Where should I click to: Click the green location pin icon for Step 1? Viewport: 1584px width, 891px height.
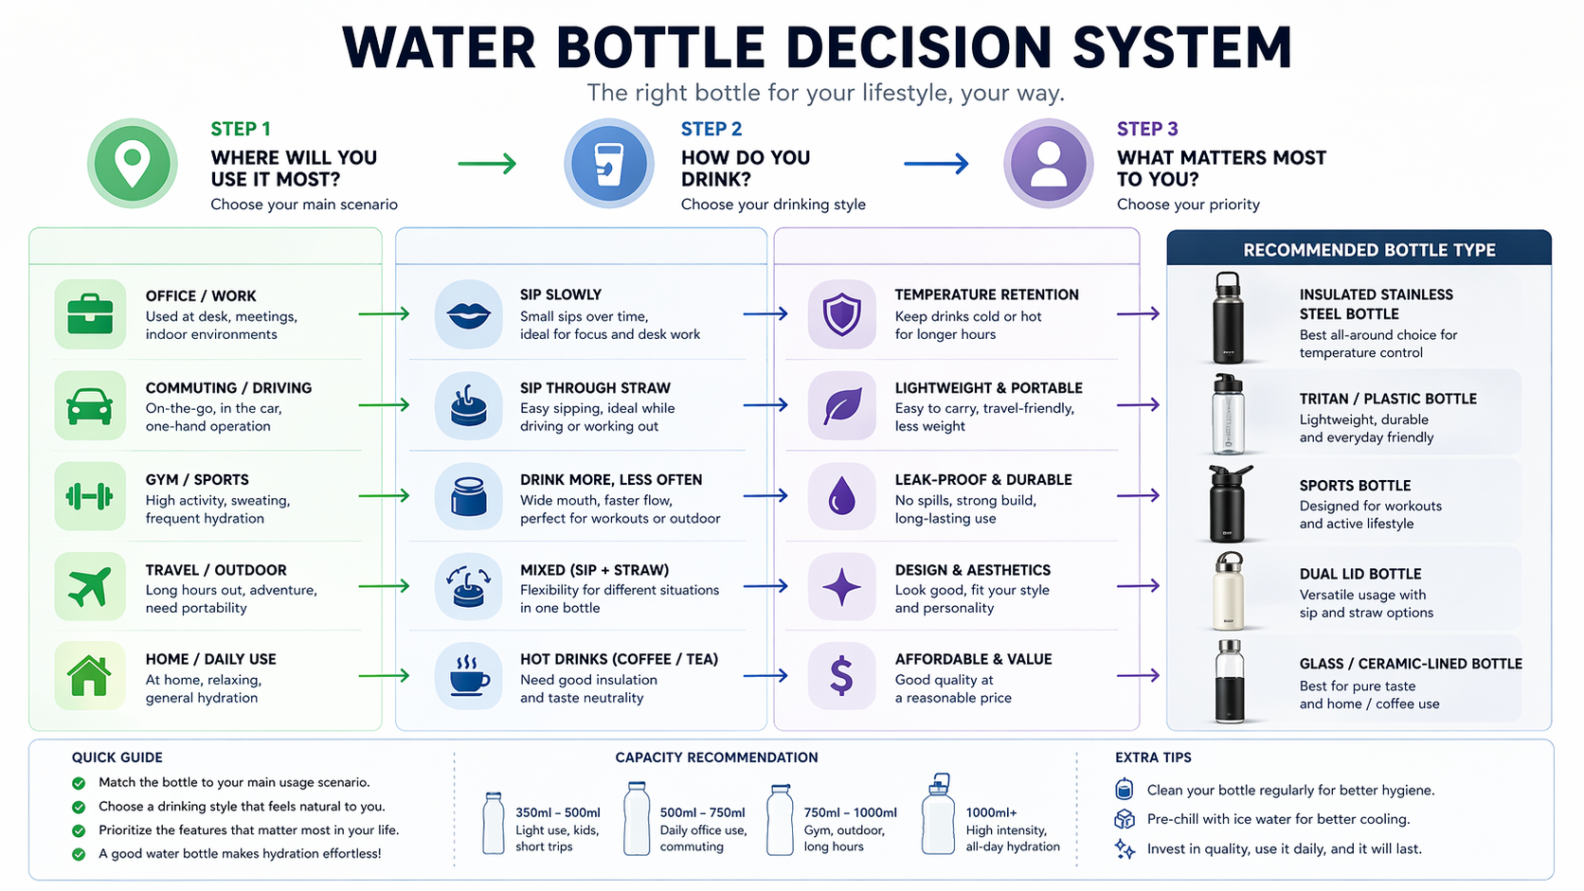tap(133, 163)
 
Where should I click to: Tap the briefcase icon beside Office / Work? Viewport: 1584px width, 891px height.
tap(90, 314)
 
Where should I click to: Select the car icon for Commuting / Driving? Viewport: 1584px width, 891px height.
tap(90, 406)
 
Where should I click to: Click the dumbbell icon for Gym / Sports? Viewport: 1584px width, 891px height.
tap(90, 496)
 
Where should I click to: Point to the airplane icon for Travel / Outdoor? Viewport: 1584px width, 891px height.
tap(90, 587)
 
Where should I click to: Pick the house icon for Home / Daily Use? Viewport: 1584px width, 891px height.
tap(90, 676)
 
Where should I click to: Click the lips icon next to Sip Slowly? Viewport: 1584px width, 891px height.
tap(468, 314)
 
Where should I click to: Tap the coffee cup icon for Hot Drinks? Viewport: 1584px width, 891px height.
tap(468, 676)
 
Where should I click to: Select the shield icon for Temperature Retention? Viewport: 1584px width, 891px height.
tap(841, 314)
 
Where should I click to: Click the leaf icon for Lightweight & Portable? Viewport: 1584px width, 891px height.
tap(841, 406)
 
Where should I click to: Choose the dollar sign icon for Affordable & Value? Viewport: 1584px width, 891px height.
tap(841, 676)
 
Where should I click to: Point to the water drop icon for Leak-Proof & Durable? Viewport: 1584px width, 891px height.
tap(841, 496)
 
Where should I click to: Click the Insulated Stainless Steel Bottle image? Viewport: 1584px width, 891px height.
tap(1228, 318)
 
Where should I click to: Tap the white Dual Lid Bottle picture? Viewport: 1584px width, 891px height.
tap(1229, 592)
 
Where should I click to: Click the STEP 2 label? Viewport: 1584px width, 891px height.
tap(711, 129)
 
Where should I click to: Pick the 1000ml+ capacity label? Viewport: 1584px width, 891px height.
tap(991, 812)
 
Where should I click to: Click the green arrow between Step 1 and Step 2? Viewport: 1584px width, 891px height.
tap(487, 164)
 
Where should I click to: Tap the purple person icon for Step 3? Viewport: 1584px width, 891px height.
tap(1049, 163)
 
